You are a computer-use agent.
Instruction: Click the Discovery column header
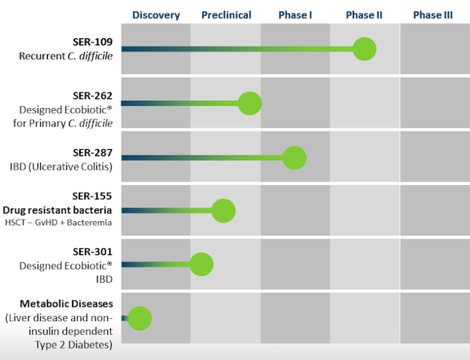coord(156,15)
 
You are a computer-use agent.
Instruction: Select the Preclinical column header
coord(226,15)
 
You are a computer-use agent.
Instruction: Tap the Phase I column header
coord(295,15)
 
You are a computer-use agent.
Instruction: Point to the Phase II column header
coord(364,15)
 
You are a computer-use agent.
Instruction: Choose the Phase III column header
coord(433,15)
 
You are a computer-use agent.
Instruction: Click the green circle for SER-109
coord(364,49)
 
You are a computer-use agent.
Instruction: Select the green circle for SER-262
coord(250,104)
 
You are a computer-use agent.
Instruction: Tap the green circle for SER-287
coord(294,158)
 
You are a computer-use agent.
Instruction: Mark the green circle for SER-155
coord(223,211)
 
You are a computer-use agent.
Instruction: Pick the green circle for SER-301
coord(201,264)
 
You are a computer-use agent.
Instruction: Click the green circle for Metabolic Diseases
coord(140,318)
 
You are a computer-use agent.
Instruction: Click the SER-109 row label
coord(93,42)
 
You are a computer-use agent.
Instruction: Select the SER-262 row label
coord(93,96)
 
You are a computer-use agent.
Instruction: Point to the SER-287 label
coord(93,153)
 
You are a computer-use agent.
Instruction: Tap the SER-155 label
coord(92,196)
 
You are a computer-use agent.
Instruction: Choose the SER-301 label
coord(93,252)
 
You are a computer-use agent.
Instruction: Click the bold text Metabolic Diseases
coord(67,304)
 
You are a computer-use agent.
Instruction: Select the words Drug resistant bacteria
coord(57,210)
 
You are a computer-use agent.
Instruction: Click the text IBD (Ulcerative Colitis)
coord(61,167)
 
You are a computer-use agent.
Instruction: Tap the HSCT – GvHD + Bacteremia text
coord(59,223)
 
